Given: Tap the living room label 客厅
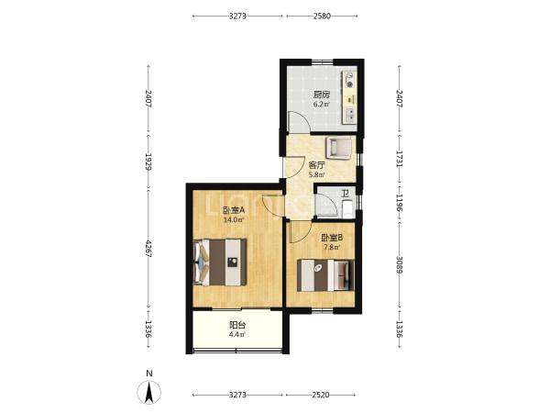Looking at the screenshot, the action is click(317, 165).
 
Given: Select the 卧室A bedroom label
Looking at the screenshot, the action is click(234, 211).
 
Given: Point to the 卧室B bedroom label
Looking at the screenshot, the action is click(332, 238).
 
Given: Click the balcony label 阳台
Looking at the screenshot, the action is click(237, 325).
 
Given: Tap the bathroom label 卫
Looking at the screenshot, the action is click(346, 194).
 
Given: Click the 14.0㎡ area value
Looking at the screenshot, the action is click(234, 220).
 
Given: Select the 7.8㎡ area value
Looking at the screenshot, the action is click(332, 247).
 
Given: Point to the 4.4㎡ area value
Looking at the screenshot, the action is click(237, 335).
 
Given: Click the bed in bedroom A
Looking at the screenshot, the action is click(220, 262).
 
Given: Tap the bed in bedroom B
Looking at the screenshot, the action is click(325, 275).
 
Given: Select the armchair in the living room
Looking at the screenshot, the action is click(338, 148).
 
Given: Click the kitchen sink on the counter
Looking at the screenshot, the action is click(350, 116).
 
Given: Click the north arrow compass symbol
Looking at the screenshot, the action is click(149, 392).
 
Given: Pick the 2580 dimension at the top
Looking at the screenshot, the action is click(322, 16).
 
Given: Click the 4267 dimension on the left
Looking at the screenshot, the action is click(148, 250).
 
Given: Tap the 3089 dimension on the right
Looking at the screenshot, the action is click(400, 266).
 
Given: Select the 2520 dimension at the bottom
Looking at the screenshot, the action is click(321, 395).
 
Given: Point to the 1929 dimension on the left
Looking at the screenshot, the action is click(148, 162).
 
